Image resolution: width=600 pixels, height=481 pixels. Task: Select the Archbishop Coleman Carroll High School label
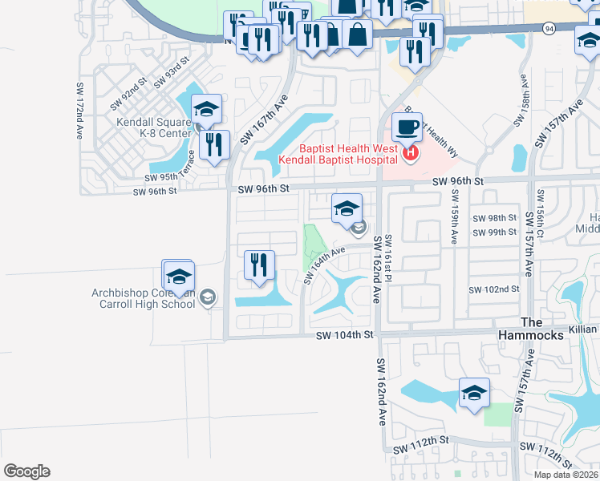(x=144, y=297)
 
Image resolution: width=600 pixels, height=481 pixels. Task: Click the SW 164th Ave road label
(x=324, y=265)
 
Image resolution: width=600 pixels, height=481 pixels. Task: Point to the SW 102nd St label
(x=494, y=290)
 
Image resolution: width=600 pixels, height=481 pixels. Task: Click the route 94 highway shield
(x=549, y=28)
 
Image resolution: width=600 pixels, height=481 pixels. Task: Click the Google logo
(x=26, y=471)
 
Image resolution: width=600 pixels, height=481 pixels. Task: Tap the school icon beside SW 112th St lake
(x=474, y=393)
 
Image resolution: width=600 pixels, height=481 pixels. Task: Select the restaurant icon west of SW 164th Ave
(x=259, y=265)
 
